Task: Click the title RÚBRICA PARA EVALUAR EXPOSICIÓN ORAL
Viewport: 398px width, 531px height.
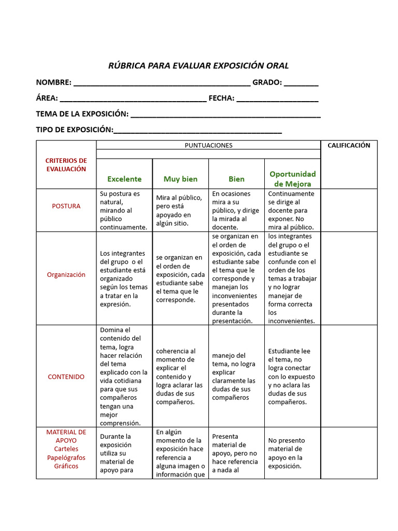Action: coord(198,66)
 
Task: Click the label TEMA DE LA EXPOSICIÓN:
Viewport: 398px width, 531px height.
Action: coord(82,114)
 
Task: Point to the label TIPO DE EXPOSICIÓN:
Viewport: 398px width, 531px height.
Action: coord(74,129)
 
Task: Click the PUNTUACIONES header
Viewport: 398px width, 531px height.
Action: coord(208,146)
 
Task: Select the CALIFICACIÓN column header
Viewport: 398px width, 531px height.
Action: coord(349,146)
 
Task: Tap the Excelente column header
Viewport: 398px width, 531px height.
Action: coord(124,179)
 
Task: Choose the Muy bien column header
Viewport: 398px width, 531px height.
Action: coord(180,179)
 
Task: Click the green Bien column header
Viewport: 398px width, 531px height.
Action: coord(236,179)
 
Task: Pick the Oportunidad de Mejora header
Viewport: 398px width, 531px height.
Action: coord(292,179)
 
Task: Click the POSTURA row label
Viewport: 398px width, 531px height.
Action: coord(66,206)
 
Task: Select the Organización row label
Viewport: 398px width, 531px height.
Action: coord(66,275)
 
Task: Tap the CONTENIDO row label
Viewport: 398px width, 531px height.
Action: coord(66,377)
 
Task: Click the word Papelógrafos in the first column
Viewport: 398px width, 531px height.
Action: coord(66,457)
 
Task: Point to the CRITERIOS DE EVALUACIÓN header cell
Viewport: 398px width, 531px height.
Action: coord(66,164)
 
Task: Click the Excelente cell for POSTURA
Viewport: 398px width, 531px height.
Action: coord(124,210)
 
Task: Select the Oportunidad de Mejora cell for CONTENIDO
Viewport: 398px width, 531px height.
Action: coord(292,376)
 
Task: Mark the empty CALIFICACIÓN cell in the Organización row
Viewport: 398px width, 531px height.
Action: coord(349,278)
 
